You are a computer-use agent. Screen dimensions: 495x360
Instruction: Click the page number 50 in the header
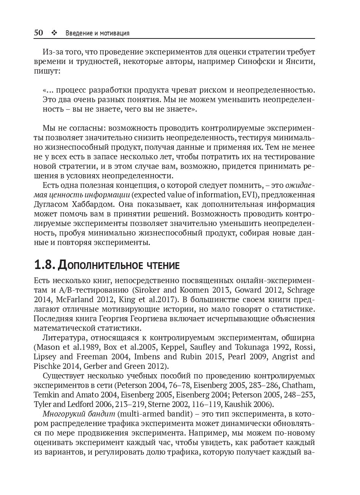(38, 33)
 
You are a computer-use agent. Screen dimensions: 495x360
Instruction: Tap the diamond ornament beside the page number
(54, 33)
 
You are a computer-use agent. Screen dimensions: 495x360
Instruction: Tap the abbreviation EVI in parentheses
(248, 195)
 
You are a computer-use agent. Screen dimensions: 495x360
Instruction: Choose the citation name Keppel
(174, 347)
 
